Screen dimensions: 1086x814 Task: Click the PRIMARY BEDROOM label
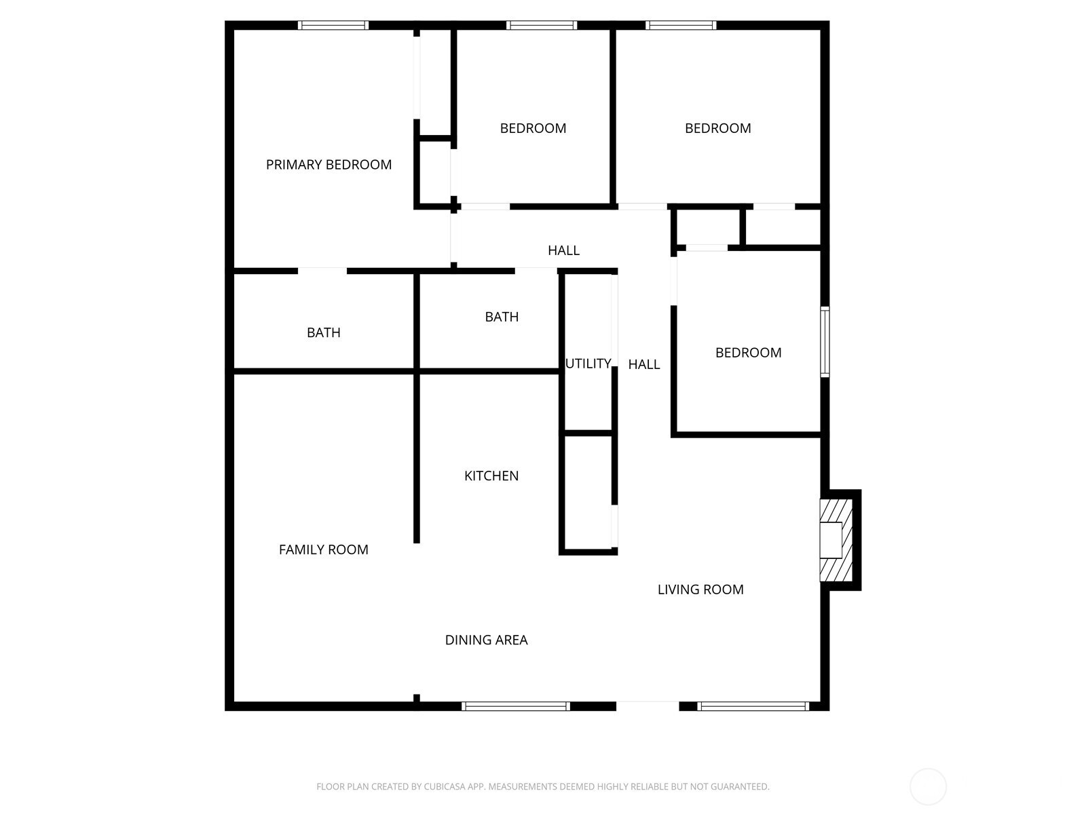click(329, 165)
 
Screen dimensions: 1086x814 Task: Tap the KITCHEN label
click(491, 476)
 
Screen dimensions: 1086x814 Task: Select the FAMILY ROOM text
click(324, 549)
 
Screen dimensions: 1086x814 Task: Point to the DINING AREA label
click(487, 640)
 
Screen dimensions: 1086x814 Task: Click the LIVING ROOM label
click(700, 589)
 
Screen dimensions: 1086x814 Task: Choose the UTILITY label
click(588, 364)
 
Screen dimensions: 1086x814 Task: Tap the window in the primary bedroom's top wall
click(333, 25)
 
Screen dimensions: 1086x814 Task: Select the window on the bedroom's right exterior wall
click(825, 342)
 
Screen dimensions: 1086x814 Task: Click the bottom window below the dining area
click(516, 707)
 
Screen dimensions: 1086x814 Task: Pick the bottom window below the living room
click(753, 707)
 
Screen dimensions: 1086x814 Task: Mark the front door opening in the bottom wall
click(648, 706)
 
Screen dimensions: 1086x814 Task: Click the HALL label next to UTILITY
click(644, 365)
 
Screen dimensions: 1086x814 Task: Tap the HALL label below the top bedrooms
click(563, 250)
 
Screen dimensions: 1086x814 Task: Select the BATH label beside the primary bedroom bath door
click(324, 332)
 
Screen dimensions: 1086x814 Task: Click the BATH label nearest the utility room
click(502, 317)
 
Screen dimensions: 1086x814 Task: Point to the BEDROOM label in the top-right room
click(718, 128)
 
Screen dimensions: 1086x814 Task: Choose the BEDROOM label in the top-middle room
click(533, 128)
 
